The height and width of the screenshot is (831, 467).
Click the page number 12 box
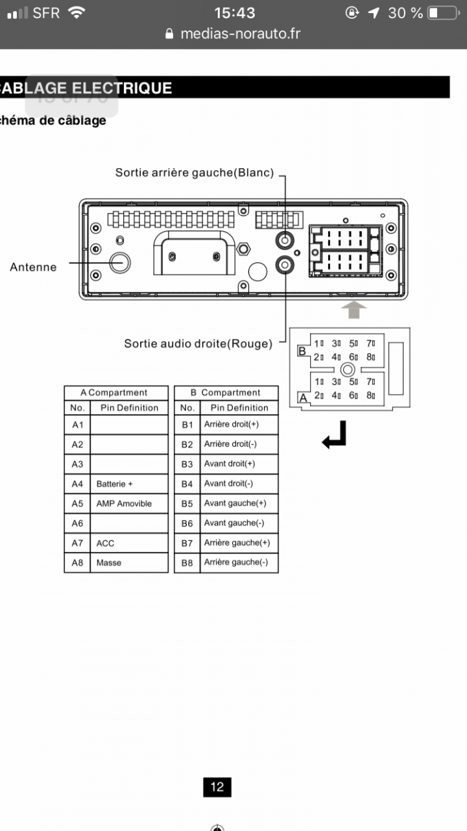click(x=217, y=787)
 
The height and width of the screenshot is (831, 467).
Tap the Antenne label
click(x=33, y=267)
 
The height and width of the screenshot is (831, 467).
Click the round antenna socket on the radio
click(x=119, y=262)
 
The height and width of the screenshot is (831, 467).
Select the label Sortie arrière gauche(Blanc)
click(x=195, y=173)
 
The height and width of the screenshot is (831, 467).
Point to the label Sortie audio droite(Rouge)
click(x=198, y=343)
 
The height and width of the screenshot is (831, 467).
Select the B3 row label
click(x=187, y=464)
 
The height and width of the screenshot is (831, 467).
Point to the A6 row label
click(x=77, y=523)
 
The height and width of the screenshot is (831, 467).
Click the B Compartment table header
click(x=226, y=393)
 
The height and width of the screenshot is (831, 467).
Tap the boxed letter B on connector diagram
click(x=302, y=352)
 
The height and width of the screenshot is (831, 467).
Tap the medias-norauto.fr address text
click(x=241, y=34)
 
